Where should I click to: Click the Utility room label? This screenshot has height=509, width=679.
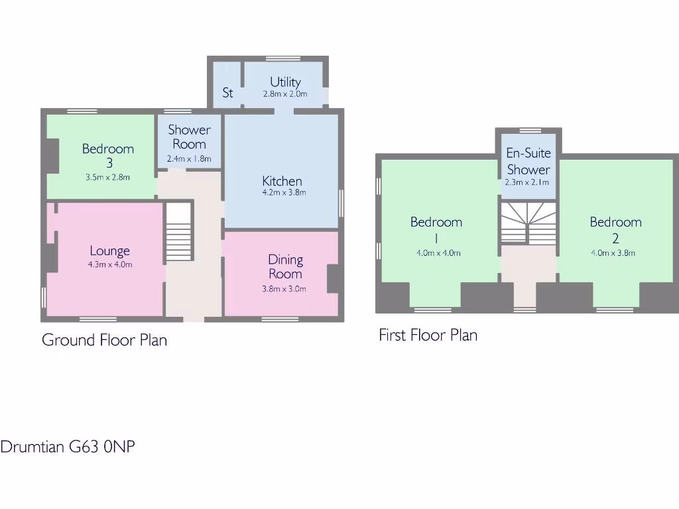[285, 82]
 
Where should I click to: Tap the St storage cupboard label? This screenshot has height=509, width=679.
[227, 93]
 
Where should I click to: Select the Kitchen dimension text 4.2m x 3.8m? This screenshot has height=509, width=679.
[282, 193]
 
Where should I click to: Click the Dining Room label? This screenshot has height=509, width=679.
[285, 266]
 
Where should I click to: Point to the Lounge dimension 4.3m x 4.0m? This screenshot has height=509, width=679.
[110, 264]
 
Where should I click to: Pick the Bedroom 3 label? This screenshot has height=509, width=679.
[108, 155]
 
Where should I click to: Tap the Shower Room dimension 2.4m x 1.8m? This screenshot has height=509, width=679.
[189, 158]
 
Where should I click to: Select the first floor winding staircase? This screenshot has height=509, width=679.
[528, 223]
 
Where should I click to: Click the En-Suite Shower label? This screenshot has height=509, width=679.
[528, 161]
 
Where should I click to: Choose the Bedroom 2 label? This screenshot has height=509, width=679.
[615, 229]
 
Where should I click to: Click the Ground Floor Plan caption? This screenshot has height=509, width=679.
[104, 340]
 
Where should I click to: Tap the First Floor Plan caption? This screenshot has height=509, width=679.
[428, 335]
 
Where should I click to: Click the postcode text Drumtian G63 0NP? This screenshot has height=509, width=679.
[68, 447]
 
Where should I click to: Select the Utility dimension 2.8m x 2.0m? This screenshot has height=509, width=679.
[285, 94]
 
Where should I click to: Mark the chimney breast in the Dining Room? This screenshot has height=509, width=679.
[334, 279]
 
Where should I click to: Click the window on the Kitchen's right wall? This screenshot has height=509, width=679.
[342, 203]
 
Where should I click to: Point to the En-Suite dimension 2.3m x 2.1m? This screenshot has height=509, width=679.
[528, 182]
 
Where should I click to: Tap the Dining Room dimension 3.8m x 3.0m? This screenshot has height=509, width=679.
[285, 289]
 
